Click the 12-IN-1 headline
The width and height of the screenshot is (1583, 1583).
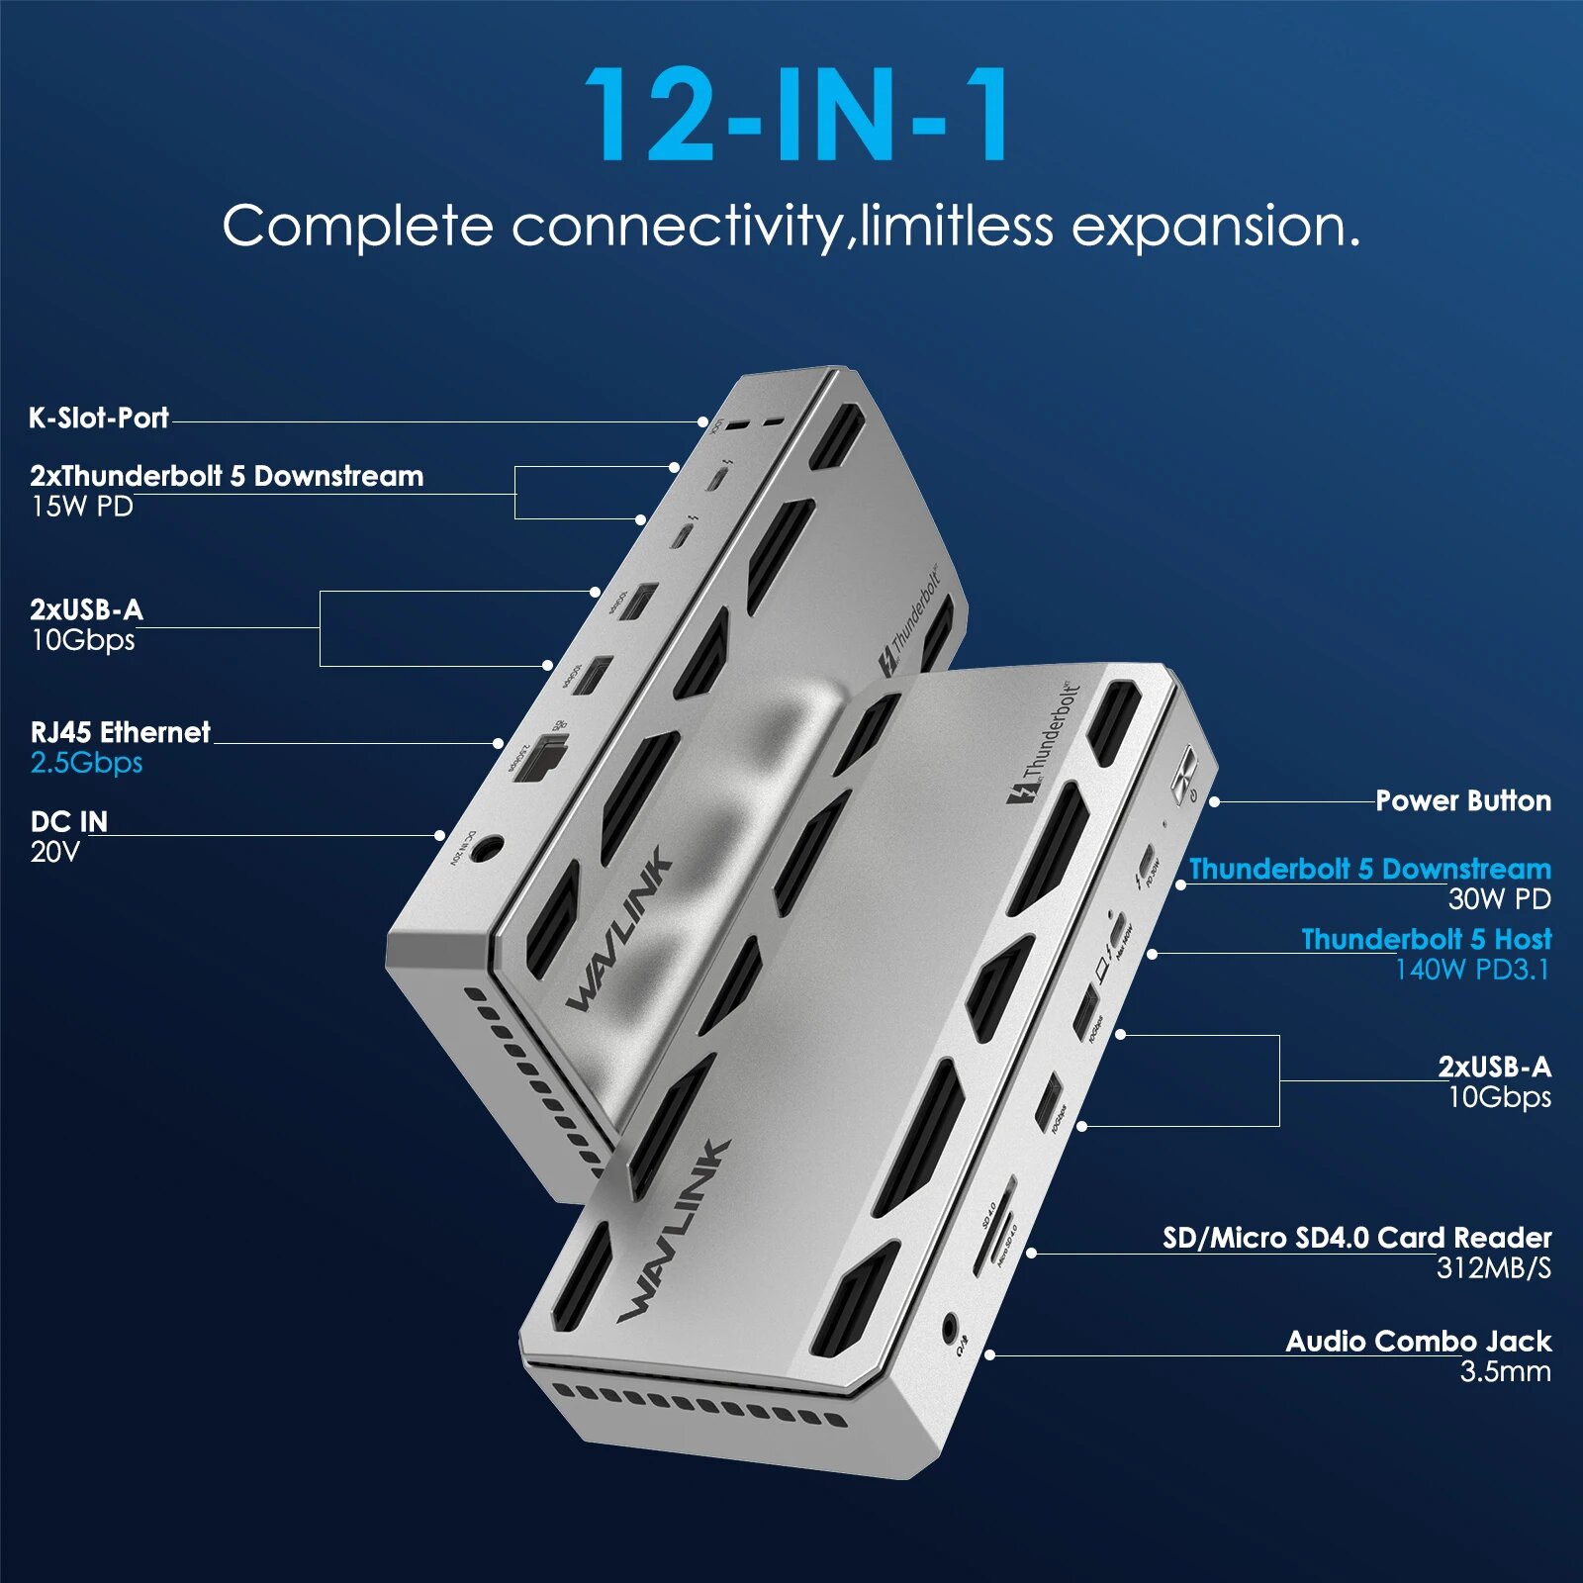(797, 116)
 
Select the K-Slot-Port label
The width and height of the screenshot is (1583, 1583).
(99, 418)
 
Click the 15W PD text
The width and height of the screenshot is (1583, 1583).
(81, 507)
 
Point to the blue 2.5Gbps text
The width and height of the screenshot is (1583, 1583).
(86, 763)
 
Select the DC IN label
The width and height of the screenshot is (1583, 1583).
(68, 822)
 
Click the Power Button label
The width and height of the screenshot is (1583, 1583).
(1462, 801)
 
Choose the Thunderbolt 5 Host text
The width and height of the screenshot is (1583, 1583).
(1426, 939)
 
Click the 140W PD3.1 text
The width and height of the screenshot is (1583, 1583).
(1471, 970)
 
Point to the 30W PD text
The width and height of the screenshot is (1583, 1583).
(1499, 899)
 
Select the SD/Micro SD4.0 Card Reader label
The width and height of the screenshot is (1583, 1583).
(1356, 1238)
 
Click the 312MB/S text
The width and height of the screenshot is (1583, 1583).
(1493, 1268)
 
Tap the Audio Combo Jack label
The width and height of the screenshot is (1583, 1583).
(1418, 1342)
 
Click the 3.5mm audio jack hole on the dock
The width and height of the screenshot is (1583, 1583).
(950, 1326)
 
